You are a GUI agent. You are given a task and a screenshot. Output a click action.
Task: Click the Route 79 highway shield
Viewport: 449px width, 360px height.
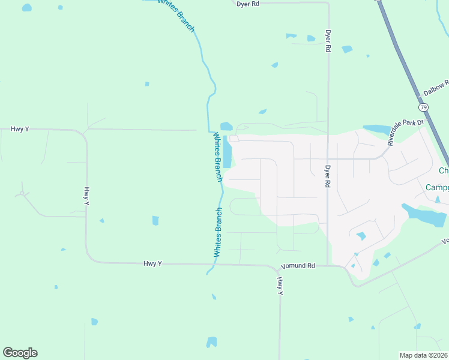(x=424, y=107)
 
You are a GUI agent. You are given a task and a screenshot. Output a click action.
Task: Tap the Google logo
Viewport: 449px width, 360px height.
(x=20, y=353)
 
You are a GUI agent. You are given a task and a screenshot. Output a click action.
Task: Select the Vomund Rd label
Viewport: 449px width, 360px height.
(x=298, y=265)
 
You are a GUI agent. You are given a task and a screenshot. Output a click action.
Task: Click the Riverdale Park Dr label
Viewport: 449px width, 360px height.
(x=406, y=133)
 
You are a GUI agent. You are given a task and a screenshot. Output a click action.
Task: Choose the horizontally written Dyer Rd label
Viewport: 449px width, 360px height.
(x=247, y=4)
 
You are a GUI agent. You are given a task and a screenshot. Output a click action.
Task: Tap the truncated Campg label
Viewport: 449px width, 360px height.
(x=437, y=188)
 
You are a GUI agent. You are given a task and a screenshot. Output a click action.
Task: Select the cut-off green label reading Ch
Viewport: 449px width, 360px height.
(x=444, y=171)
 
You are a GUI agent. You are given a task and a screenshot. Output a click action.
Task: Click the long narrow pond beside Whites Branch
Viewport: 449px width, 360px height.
(x=227, y=151)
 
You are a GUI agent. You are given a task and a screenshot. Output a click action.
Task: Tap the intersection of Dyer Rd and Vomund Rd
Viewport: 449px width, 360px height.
(x=328, y=265)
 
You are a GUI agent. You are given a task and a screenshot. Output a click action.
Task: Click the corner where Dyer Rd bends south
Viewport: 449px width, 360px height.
(x=328, y=4)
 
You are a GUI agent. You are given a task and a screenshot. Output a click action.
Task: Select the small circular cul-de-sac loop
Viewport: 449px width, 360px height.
(x=23, y=194)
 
